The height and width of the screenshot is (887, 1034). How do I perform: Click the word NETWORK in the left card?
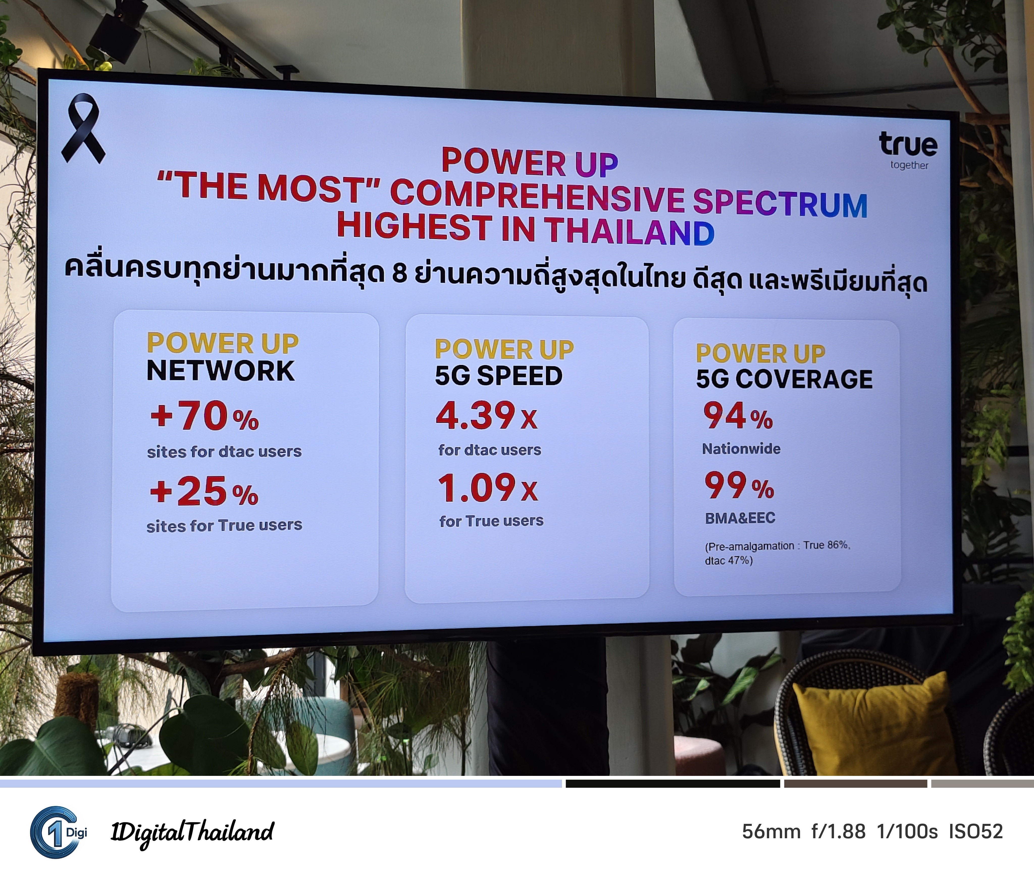[221, 371]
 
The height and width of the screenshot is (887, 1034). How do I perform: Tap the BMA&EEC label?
[740, 518]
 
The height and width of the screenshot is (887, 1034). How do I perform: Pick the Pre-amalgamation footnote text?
[778, 553]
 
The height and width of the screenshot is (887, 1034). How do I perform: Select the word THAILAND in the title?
[630, 231]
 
